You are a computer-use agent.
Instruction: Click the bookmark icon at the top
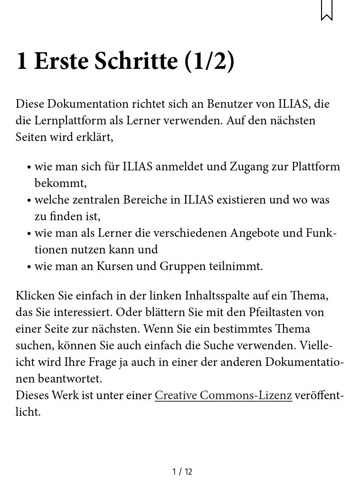327,10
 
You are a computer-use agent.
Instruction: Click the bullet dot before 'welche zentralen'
29,200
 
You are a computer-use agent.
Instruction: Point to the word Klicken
36,296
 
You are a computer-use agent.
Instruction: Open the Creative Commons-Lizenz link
223,395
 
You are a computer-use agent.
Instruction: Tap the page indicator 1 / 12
182,471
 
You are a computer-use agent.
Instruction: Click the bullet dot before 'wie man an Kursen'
29,267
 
